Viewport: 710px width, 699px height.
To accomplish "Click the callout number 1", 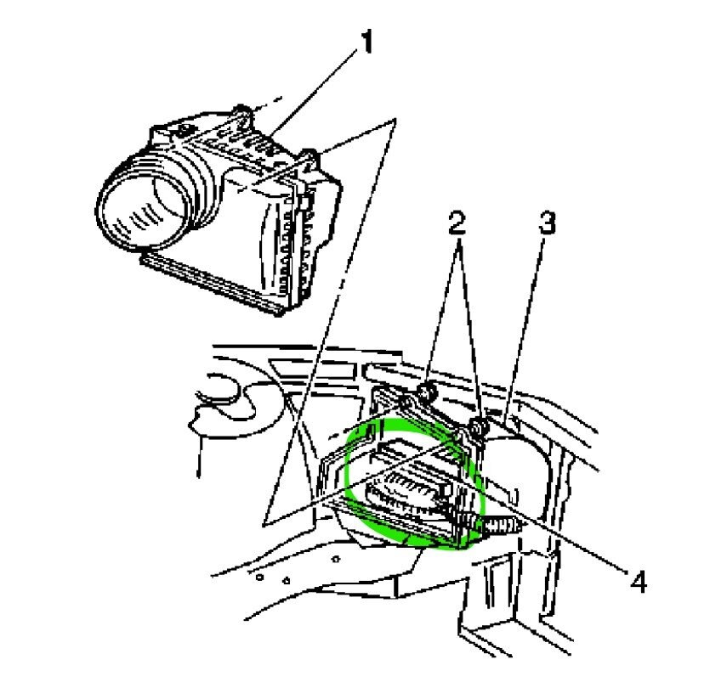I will (366, 42).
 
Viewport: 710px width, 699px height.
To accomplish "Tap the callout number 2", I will (457, 224).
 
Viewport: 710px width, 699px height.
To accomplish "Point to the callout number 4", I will (639, 582).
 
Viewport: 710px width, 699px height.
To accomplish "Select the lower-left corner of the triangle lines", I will (266, 519).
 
